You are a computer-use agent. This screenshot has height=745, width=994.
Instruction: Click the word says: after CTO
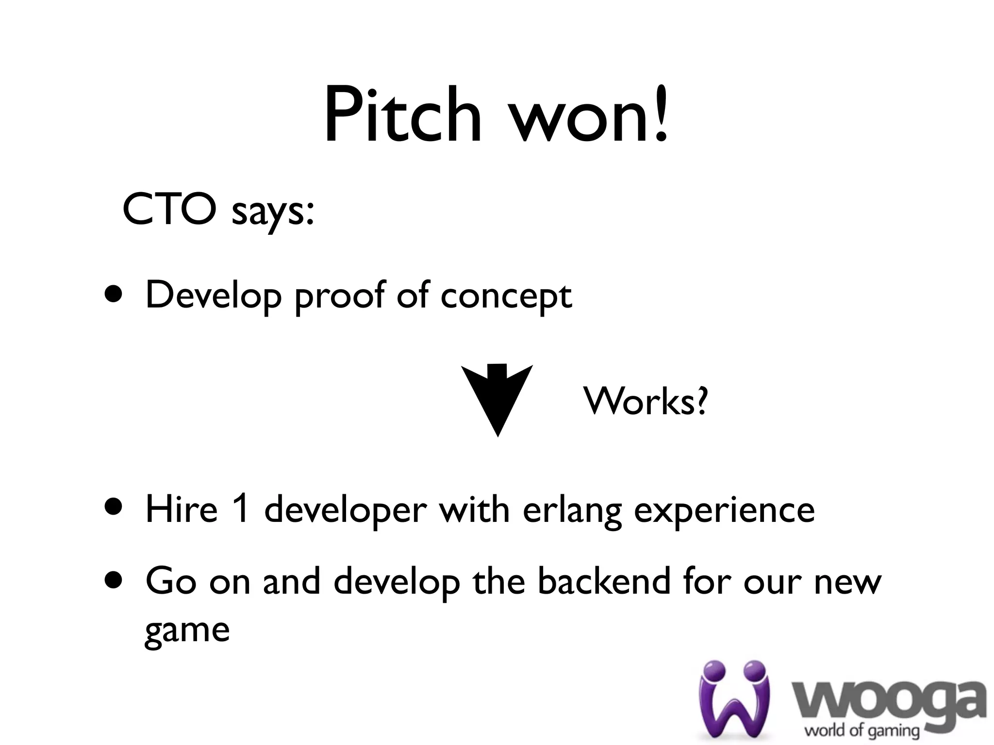tap(273, 213)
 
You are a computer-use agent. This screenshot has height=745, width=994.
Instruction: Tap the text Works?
tap(646, 402)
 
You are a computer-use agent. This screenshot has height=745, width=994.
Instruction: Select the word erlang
tap(572, 511)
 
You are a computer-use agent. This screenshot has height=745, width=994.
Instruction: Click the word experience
tap(724, 511)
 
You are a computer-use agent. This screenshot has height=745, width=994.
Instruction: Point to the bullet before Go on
tap(113, 581)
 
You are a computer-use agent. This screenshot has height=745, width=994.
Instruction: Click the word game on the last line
tap(187, 631)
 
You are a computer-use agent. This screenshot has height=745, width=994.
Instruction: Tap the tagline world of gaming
tap(862, 730)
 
